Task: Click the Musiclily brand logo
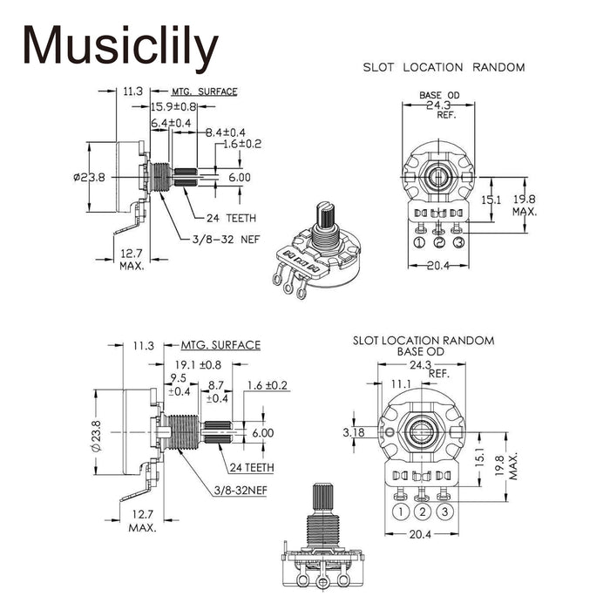120,48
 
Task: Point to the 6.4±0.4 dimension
171,124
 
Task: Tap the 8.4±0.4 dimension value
226,132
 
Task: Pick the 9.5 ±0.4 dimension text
178,384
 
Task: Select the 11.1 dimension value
401,383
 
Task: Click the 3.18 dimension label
355,432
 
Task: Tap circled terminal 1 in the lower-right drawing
403,512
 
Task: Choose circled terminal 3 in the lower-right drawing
444,512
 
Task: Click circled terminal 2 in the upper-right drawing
439,242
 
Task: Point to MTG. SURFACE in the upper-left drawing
204,91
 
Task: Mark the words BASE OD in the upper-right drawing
439,95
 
